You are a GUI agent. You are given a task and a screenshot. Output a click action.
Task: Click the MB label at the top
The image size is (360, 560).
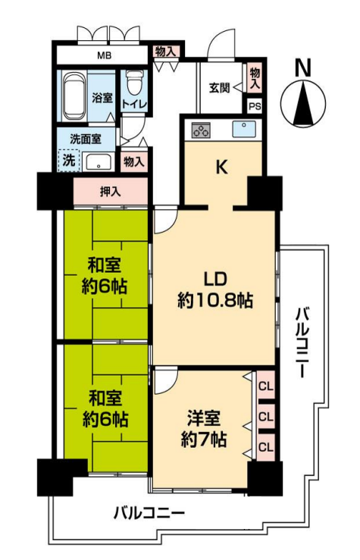pos(105,55)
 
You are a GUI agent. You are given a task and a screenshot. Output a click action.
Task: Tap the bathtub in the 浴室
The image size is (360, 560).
pos(74,96)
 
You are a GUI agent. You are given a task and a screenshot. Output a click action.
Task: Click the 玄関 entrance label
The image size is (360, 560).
pos(219,87)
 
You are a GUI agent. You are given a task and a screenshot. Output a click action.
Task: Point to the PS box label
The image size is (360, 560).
pos(255,106)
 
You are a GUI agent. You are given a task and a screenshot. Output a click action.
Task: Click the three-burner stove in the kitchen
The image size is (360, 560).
pos(201,130)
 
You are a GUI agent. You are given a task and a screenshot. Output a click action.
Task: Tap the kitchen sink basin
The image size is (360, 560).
pos(244,129)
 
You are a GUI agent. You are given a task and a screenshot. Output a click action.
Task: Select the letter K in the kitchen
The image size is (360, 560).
pos(222,167)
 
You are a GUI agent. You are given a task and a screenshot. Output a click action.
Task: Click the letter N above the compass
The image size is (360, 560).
pos(303,68)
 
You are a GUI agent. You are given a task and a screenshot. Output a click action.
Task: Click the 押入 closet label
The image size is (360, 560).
pos(111,192)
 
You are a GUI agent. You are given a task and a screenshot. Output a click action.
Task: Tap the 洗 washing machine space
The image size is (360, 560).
pos(69,160)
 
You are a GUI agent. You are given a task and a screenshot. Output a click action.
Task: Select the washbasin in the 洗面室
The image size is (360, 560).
pos(98,161)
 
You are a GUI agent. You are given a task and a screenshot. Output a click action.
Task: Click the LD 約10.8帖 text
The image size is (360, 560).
pos(215,289)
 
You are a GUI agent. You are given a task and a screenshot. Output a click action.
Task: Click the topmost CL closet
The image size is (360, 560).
pos(266,386)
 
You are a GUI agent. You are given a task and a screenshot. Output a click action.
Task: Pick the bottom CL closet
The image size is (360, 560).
pos(266,447)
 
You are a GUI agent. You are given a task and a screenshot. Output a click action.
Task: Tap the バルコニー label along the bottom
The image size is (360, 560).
pos(149,514)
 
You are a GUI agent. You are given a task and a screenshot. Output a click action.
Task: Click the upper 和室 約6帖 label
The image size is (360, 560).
pos(105,276)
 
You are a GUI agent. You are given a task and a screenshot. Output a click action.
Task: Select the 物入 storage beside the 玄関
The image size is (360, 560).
pos(255,78)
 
